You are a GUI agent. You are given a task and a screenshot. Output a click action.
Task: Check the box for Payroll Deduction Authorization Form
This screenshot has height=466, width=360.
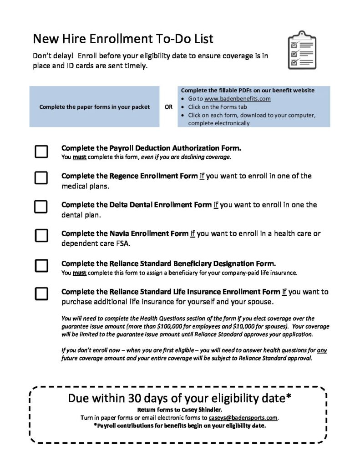[x=41, y=152]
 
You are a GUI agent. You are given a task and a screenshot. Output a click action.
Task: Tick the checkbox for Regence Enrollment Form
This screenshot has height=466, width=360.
[x=41, y=177]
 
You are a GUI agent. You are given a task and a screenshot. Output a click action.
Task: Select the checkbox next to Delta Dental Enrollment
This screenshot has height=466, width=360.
[x=41, y=206]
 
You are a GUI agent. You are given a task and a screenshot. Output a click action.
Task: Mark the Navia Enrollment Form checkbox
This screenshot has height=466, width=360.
[x=41, y=235]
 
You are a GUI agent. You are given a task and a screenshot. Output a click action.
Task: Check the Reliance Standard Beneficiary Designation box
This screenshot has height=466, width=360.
[x=41, y=265]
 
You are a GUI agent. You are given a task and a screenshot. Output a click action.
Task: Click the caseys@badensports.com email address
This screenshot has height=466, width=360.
[x=243, y=417]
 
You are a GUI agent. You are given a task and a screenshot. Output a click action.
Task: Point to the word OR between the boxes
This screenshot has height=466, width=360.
[x=168, y=107]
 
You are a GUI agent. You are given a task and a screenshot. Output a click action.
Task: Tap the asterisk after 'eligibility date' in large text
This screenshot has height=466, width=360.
[x=288, y=397]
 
